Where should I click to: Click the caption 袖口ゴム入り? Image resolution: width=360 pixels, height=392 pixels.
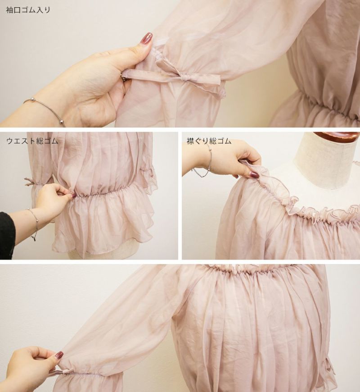28,10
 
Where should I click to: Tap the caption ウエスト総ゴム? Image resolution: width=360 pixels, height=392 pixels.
32,141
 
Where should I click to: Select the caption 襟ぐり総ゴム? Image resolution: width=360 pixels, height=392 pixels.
209,141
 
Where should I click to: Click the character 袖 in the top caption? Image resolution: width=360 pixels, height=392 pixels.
9,10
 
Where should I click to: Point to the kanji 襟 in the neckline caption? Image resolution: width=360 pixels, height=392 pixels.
190,141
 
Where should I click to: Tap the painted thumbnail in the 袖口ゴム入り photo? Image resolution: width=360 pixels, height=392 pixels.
146,38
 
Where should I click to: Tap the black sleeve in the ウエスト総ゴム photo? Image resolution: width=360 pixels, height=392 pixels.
6,235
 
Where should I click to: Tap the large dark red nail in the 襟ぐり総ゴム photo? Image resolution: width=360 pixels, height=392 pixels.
255,174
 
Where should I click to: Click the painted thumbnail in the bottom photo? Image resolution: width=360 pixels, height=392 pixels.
59,355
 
